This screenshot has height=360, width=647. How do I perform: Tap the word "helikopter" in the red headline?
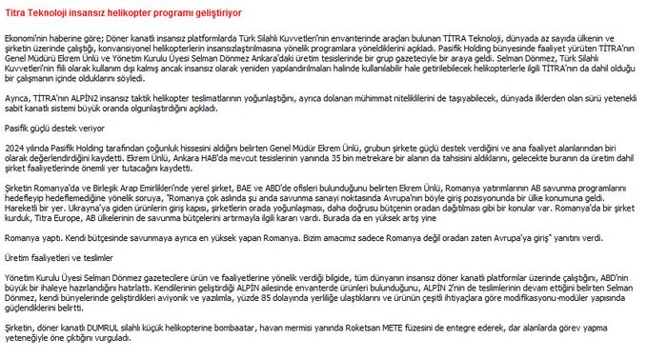click(130, 13)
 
